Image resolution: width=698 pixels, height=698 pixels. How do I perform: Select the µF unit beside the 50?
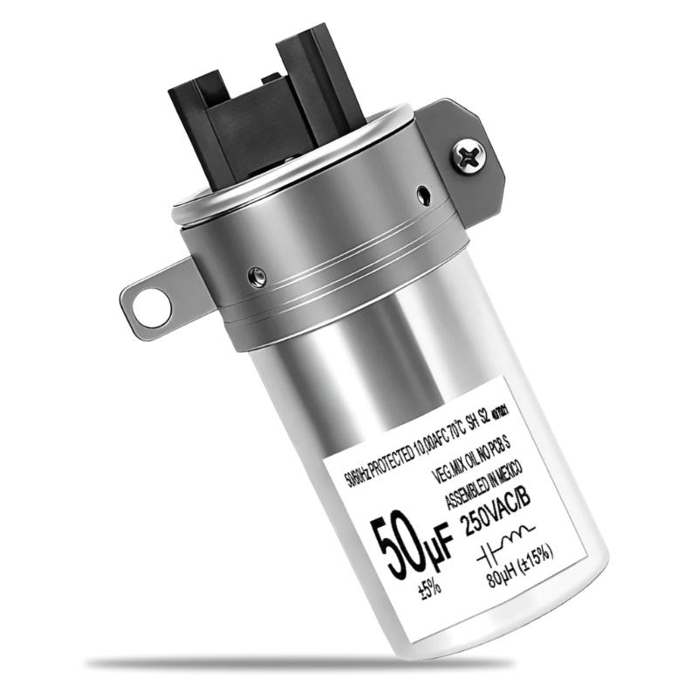click(x=437, y=545)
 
